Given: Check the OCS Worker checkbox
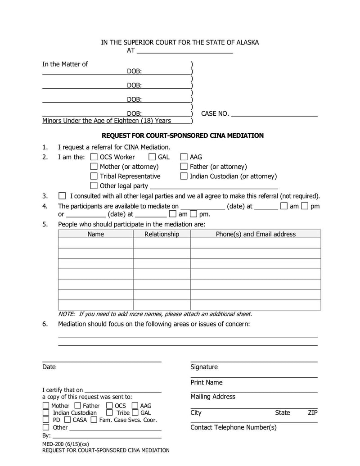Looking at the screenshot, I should [x=94, y=157].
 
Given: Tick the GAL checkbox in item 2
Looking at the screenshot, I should [x=152, y=157].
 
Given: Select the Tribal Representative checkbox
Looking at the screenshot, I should [x=94, y=176].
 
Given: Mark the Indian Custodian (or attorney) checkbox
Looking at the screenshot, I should [x=184, y=176].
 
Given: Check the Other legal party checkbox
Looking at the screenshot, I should [x=94, y=185].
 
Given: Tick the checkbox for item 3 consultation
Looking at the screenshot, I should [x=62, y=196].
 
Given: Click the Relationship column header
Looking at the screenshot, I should [x=162, y=234].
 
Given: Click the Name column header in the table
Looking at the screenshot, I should [x=95, y=234].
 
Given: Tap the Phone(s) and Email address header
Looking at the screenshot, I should [x=256, y=234].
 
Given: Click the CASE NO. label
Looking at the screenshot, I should [x=215, y=114].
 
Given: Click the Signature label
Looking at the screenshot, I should [x=204, y=367].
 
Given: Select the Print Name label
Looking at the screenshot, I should [x=206, y=382].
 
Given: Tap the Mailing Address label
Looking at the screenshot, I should [x=212, y=397].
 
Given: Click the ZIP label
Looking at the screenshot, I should [x=313, y=413].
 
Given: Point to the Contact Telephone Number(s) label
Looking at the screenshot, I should [x=233, y=427].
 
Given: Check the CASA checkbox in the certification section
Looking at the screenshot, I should [x=67, y=420].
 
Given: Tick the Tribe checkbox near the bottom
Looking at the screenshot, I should [x=109, y=413].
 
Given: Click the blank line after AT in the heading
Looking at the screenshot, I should [x=184, y=50].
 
